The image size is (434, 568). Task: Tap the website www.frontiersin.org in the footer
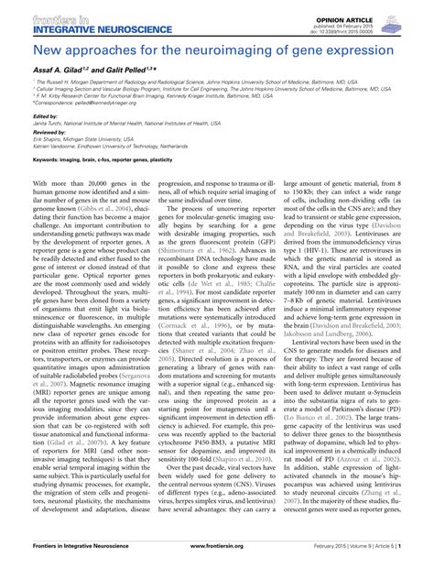[217, 556]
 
